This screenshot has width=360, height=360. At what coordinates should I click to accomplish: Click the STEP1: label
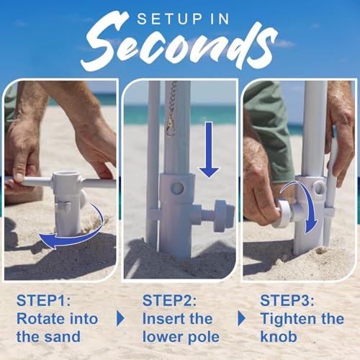43,300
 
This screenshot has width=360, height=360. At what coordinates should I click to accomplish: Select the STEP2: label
169,300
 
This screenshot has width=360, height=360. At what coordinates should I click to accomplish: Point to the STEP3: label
287,300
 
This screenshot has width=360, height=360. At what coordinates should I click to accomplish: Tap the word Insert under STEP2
163,319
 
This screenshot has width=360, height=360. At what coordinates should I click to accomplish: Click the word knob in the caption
279,337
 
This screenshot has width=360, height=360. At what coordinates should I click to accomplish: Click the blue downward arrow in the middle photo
209,150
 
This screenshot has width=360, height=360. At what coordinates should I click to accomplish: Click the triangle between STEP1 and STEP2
120,318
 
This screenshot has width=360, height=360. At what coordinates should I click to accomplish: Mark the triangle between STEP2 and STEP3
242,318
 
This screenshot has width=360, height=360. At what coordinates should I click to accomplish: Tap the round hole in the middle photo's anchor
177,188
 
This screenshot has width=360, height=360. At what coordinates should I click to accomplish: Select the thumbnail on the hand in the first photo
19,177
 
